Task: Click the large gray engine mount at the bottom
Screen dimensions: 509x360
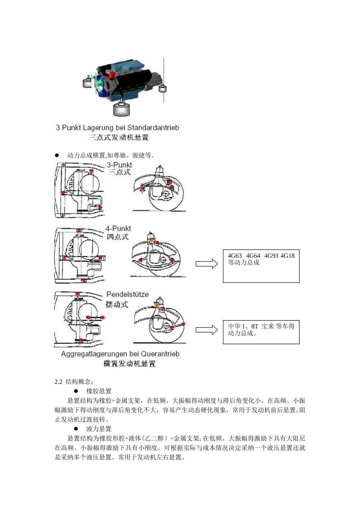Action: click(122, 110)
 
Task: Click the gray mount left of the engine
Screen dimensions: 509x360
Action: click(88, 83)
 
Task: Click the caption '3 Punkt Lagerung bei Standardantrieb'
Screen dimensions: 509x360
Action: click(117, 128)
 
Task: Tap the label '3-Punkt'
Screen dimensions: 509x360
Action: click(119, 165)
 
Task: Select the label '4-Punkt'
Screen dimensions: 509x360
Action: click(118, 229)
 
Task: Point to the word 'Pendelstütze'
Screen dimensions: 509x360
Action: click(127, 294)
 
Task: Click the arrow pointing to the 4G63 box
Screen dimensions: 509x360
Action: click(207, 264)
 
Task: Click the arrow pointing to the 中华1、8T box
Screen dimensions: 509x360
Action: click(207, 330)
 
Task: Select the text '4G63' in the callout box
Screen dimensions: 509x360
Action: click(235, 256)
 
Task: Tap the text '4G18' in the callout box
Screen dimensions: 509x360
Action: click(287, 256)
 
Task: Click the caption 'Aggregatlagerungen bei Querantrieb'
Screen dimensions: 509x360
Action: click(120, 354)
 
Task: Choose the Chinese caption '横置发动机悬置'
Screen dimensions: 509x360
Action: click(130, 364)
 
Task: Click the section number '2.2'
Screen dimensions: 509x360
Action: click(58, 381)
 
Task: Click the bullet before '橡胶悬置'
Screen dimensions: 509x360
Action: click(75, 391)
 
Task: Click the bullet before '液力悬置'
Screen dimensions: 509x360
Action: click(75, 429)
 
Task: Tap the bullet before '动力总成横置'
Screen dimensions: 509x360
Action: click(57, 155)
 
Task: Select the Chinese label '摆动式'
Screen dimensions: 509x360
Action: click(117, 304)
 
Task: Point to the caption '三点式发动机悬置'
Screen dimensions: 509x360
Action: click(119, 137)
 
